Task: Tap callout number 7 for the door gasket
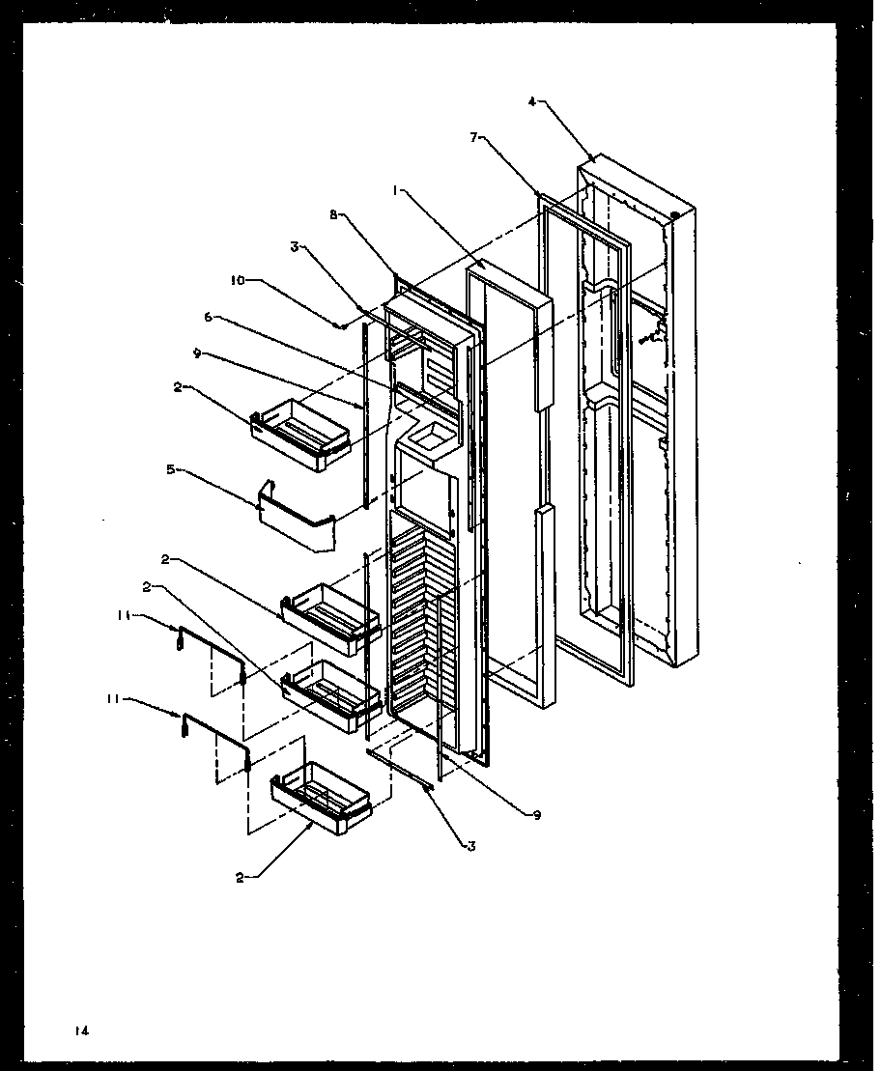(x=474, y=138)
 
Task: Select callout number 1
(x=395, y=191)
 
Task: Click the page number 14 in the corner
(x=83, y=1031)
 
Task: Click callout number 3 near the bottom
(x=471, y=846)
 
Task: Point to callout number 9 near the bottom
(x=536, y=814)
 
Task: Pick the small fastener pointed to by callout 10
(x=341, y=325)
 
